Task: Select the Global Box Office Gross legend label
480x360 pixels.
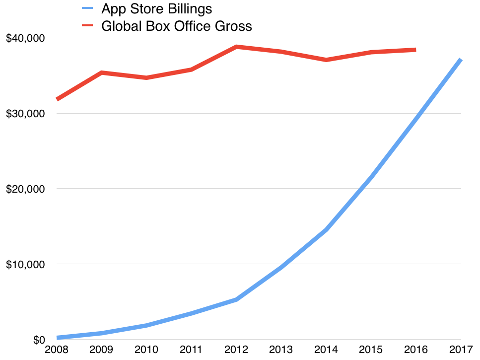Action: [176, 26]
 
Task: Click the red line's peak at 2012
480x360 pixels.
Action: [237, 47]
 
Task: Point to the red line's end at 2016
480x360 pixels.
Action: [415, 50]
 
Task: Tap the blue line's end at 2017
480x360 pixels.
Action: [461, 60]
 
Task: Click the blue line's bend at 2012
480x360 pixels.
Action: [237, 299]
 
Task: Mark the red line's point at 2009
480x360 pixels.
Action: [102, 73]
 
